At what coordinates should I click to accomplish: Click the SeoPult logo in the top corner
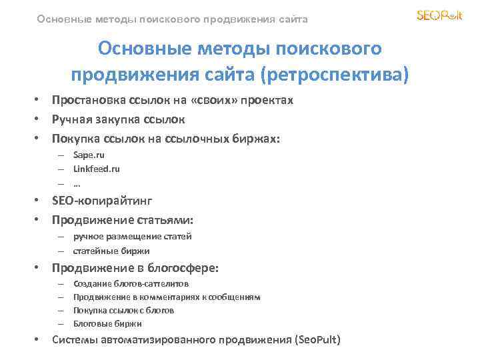tap(439, 15)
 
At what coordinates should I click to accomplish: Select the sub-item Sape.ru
tap(89, 155)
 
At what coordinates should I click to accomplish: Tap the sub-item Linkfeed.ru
tap(96, 169)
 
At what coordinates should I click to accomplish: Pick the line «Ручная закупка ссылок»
tap(119, 120)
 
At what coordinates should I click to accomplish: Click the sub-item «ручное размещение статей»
tap(132, 236)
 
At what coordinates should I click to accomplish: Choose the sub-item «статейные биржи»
tap(111, 251)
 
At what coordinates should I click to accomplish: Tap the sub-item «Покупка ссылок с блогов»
tap(123, 310)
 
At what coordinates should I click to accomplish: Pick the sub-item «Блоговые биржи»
tap(107, 323)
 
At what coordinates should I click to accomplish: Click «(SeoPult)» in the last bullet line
tap(317, 340)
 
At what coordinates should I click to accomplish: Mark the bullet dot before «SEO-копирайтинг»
tap(39, 200)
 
